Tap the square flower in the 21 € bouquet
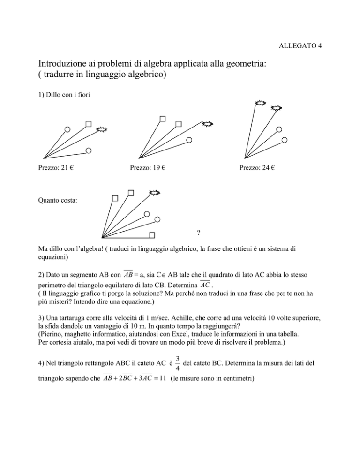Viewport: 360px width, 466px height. coord(88,124)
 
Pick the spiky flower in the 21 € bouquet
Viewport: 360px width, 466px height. coord(101,129)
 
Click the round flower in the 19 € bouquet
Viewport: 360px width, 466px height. coord(189,139)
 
